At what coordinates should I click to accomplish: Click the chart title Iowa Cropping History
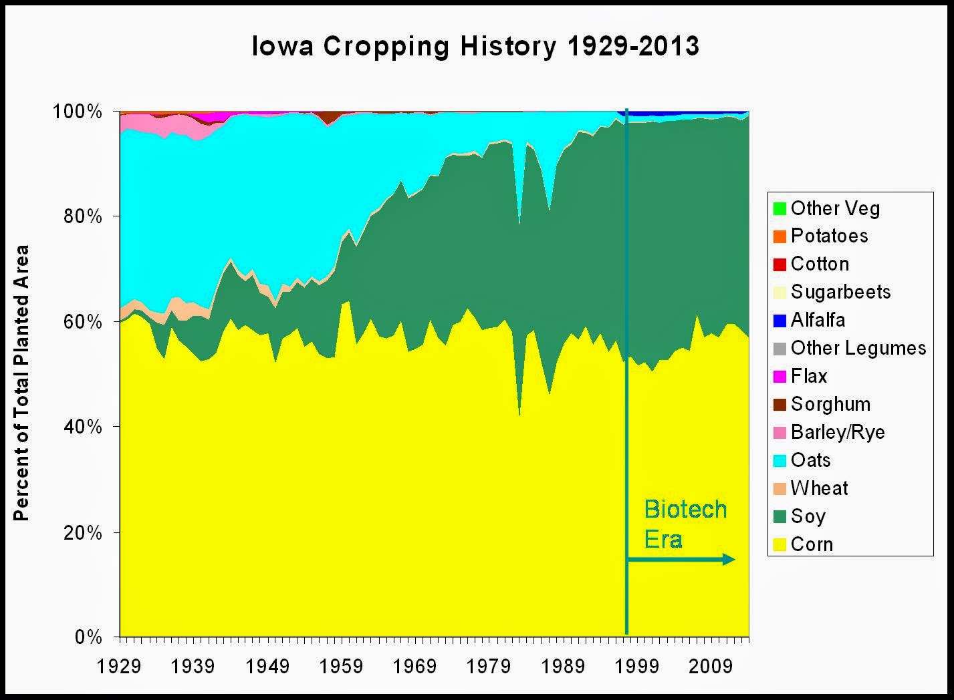point(475,47)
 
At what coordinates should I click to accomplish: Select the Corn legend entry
point(812,544)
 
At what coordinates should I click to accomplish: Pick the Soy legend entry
point(808,516)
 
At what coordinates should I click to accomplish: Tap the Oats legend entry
point(810,460)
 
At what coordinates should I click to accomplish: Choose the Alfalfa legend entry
point(818,320)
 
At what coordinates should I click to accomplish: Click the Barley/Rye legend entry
point(837,432)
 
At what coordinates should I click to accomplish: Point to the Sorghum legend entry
point(830,404)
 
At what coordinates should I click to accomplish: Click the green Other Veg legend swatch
point(779,208)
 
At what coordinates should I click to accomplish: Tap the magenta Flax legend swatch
point(779,377)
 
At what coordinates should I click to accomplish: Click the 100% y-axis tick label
point(79,112)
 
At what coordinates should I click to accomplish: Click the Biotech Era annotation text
point(685,524)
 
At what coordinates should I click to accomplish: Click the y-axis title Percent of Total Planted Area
point(22,383)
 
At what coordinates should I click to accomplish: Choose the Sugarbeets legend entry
point(840,292)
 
